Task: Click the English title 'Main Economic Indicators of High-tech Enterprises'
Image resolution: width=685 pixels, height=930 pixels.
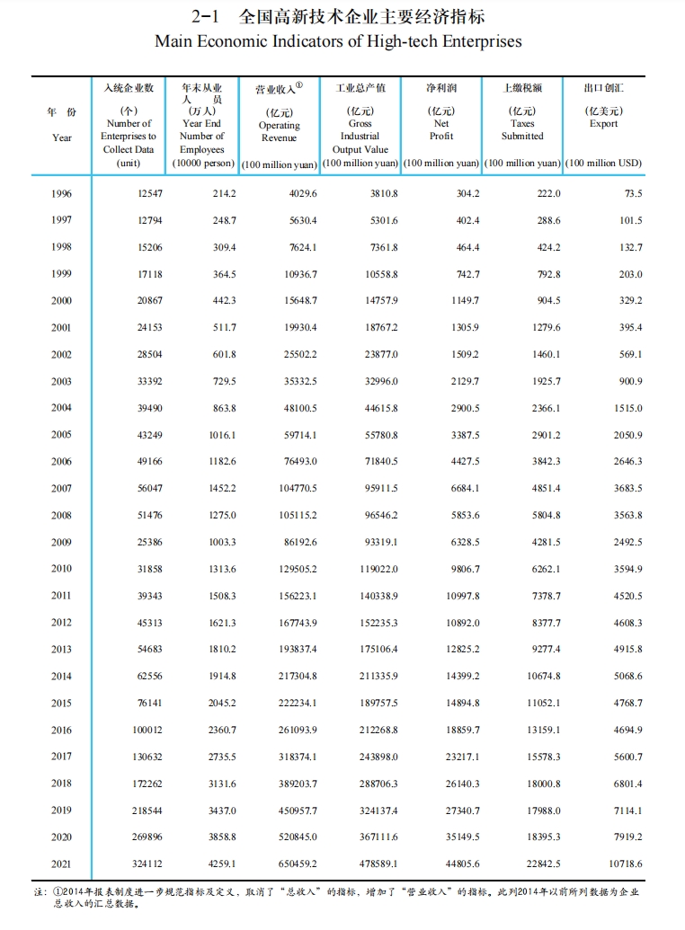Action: pyautogui.click(x=338, y=41)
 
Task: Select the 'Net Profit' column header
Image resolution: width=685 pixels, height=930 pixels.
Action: pyautogui.click(x=441, y=129)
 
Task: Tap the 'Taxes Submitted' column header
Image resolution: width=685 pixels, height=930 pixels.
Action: pyautogui.click(x=522, y=129)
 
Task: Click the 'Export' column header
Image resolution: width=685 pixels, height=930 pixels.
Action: pyautogui.click(x=604, y=123)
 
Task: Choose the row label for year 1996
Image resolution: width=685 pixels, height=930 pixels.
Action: pyautogui.click(x=61, y=194)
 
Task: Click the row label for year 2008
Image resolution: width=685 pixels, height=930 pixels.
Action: pyautogui.click(x=61, y=516)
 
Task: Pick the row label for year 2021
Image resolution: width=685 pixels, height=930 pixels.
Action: pyautogui.click(x=61, y=864)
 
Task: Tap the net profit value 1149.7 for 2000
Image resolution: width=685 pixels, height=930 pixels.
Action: pyautogui.click(x=464, y=301)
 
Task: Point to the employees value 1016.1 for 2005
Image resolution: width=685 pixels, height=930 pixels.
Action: pyautogui.click(x=221, y=435)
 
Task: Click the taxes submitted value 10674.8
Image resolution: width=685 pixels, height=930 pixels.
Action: pyautogui.click(x=542, y=677)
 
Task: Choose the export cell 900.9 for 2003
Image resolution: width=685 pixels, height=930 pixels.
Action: pyautogui.click(x=630, y=382)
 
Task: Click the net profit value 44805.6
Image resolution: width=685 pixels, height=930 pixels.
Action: pyautogui.click(x=462, y=864)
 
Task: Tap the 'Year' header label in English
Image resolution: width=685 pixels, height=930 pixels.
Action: pyautogui.click(x=61, y=137)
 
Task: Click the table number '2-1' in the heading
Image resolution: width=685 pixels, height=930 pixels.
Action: pyautogui.click(x=206, y=17)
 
